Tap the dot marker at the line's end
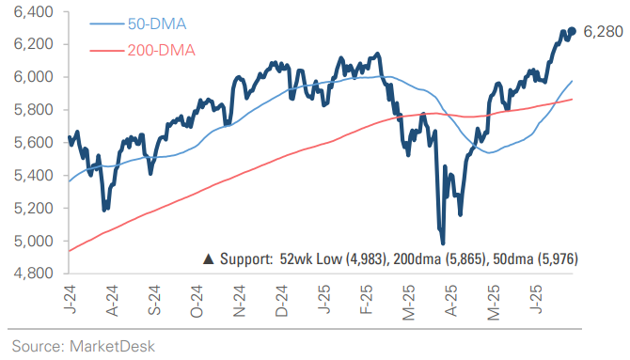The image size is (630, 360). point(572,31)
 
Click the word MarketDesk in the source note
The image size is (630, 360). point(110,346)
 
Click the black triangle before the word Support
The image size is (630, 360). point(209,258)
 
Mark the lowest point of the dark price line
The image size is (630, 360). point(442,243)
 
